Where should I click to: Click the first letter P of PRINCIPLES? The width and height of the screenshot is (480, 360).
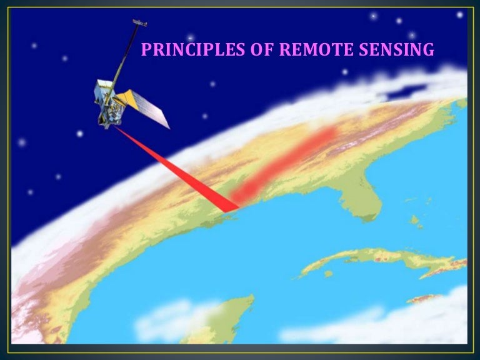click(x=146, y=49)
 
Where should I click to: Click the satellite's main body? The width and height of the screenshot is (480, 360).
click(x=106, y=103)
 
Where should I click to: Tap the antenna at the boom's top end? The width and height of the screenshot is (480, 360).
click(x=139, y=24)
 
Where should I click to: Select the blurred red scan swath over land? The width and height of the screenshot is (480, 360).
click(x=287, y=162)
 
